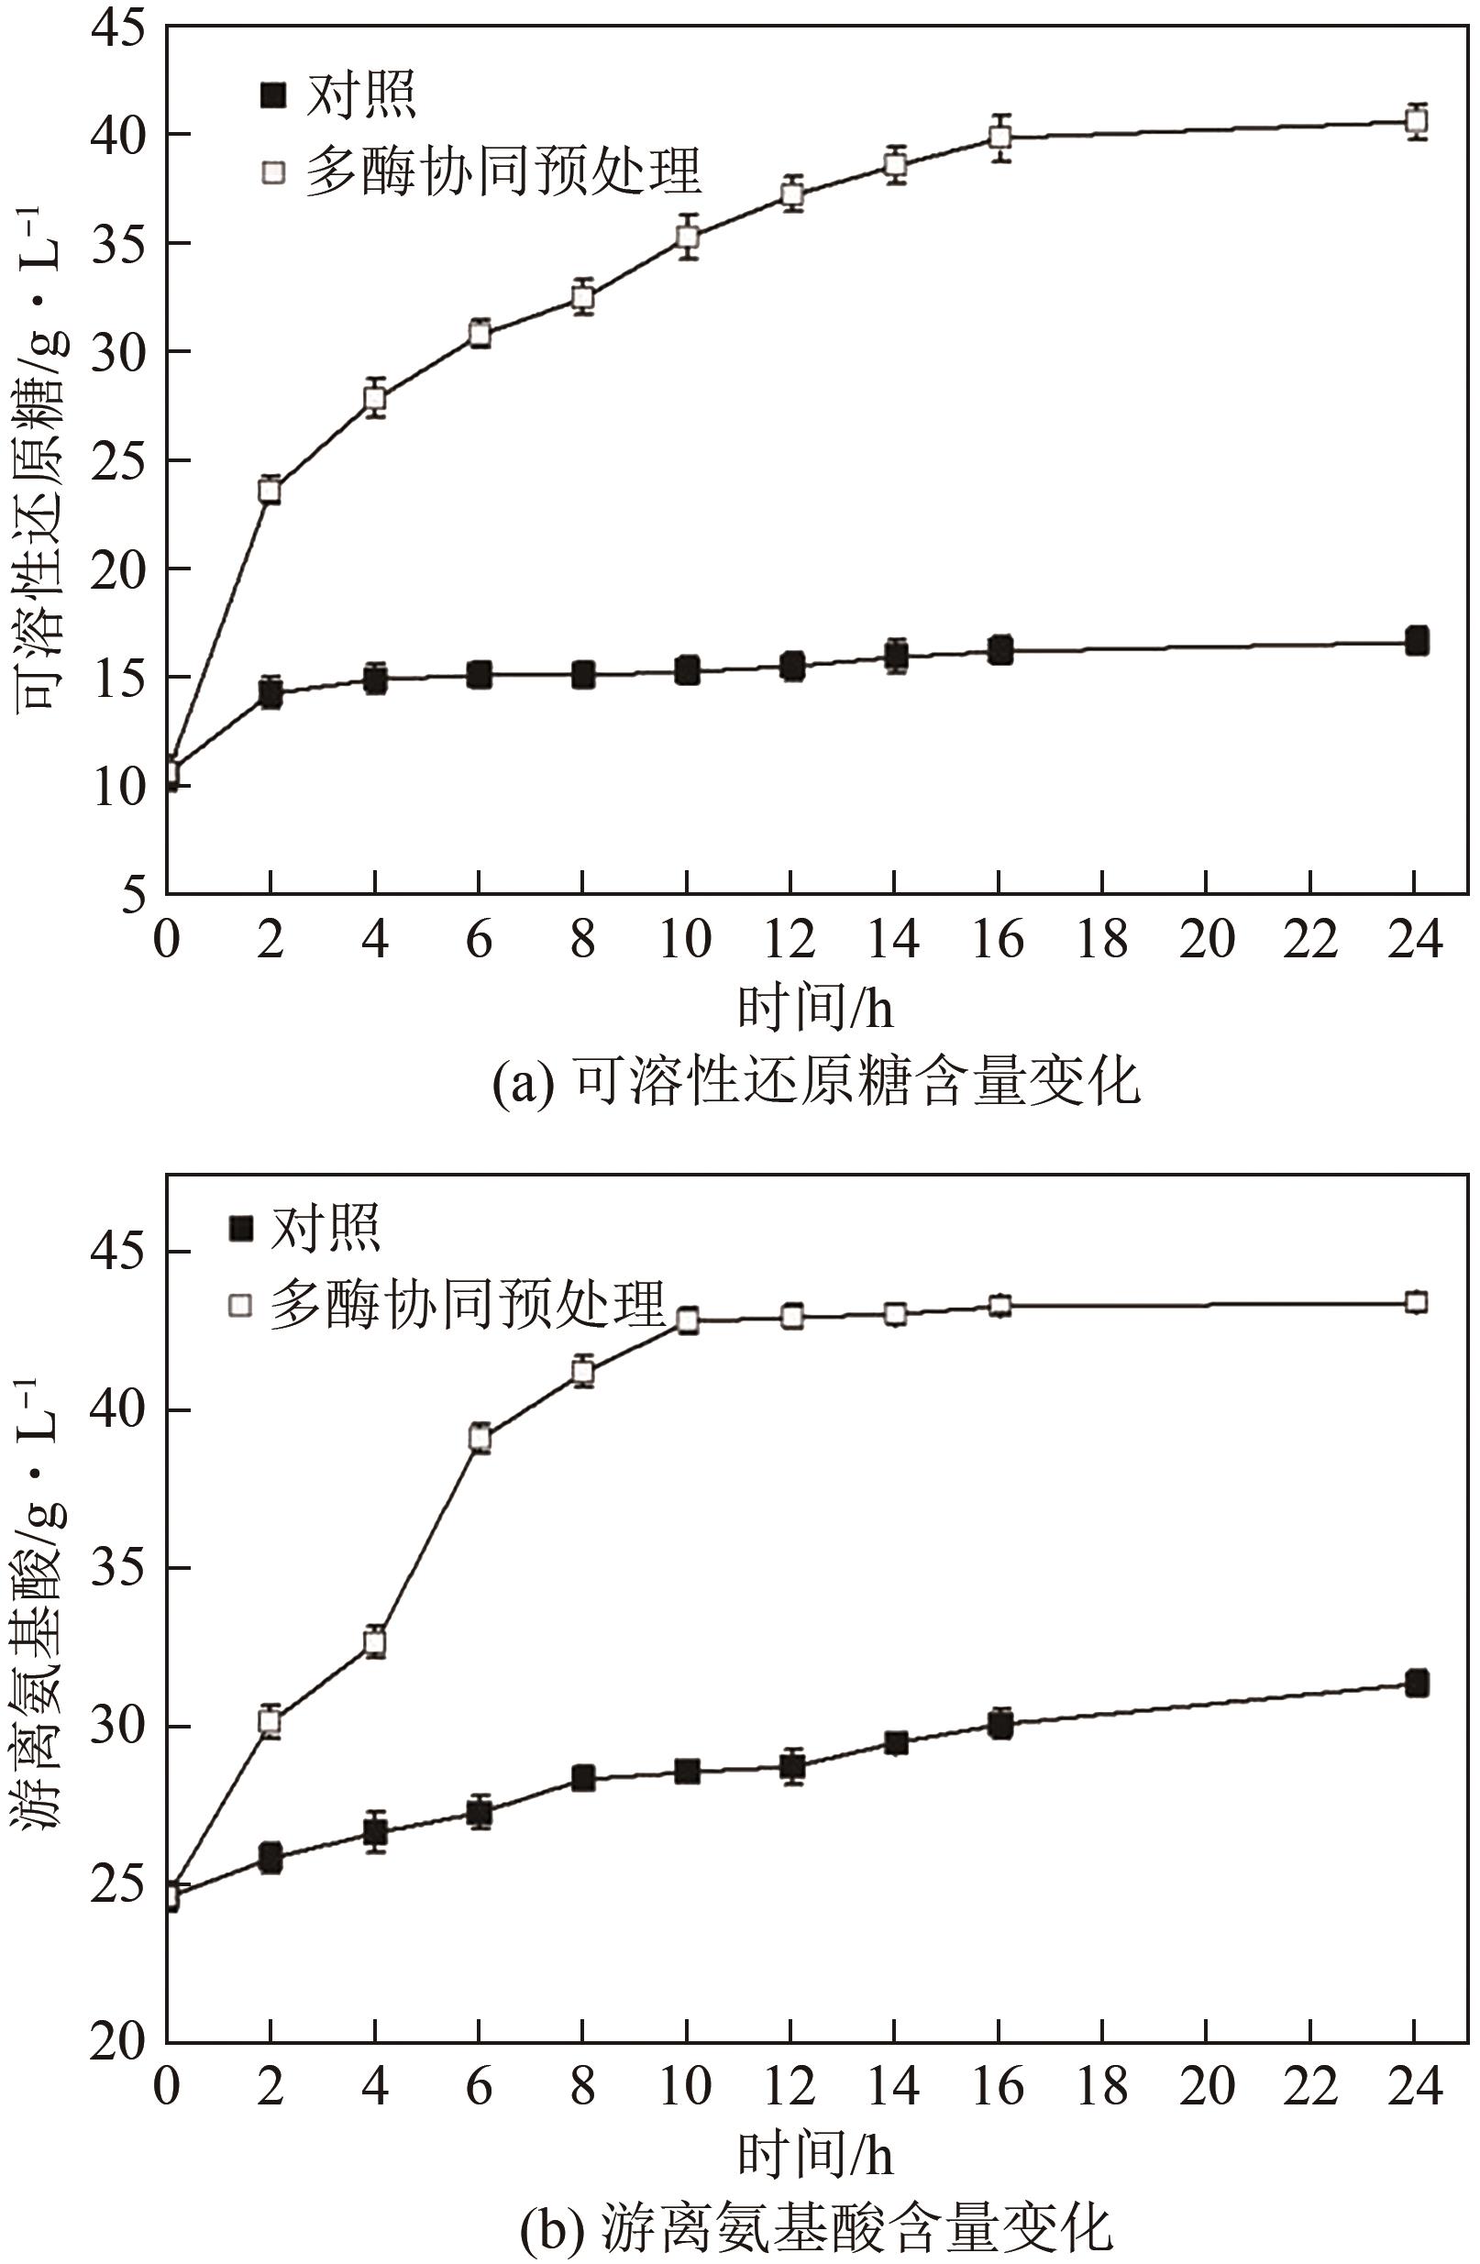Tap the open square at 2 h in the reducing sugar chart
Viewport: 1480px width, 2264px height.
[271, 491]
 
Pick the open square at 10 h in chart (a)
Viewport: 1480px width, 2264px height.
[687, 237]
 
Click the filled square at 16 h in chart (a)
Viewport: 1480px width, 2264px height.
[1000, 651]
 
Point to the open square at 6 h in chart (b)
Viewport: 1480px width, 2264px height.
[480, 1439]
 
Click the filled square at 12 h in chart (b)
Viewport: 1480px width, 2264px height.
[791, 1766]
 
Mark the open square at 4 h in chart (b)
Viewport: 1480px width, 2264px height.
[375, 1642]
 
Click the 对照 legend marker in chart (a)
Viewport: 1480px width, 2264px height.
[274, 95]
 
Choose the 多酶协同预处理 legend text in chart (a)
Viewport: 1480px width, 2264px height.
[503, 171]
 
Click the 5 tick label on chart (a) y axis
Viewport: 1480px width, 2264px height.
[133, 895]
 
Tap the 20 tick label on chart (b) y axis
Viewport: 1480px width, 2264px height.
[119, 2041]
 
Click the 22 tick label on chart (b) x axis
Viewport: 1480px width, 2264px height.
[1310, 2089]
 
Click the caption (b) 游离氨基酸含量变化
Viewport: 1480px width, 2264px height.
[816, 2224]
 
